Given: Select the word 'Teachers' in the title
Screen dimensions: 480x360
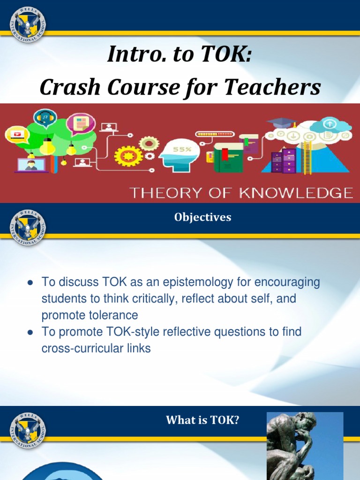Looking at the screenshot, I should (278, 87).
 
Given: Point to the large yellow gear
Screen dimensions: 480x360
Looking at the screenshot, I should (128, 156).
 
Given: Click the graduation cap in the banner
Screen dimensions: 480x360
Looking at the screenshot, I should (282, 122).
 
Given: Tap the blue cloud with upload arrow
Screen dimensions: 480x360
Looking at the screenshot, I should (330, 125).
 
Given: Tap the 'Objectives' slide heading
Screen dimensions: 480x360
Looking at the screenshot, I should (202, 217).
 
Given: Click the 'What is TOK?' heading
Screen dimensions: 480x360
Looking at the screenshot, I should (202, 420).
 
